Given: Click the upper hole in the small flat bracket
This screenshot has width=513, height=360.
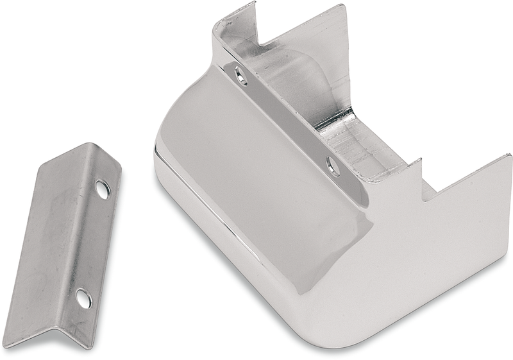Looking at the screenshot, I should point(102,189).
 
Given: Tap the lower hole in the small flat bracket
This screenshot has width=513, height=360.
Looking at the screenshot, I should point(83,298).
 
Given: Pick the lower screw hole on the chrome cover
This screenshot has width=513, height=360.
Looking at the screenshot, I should point(333,167).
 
